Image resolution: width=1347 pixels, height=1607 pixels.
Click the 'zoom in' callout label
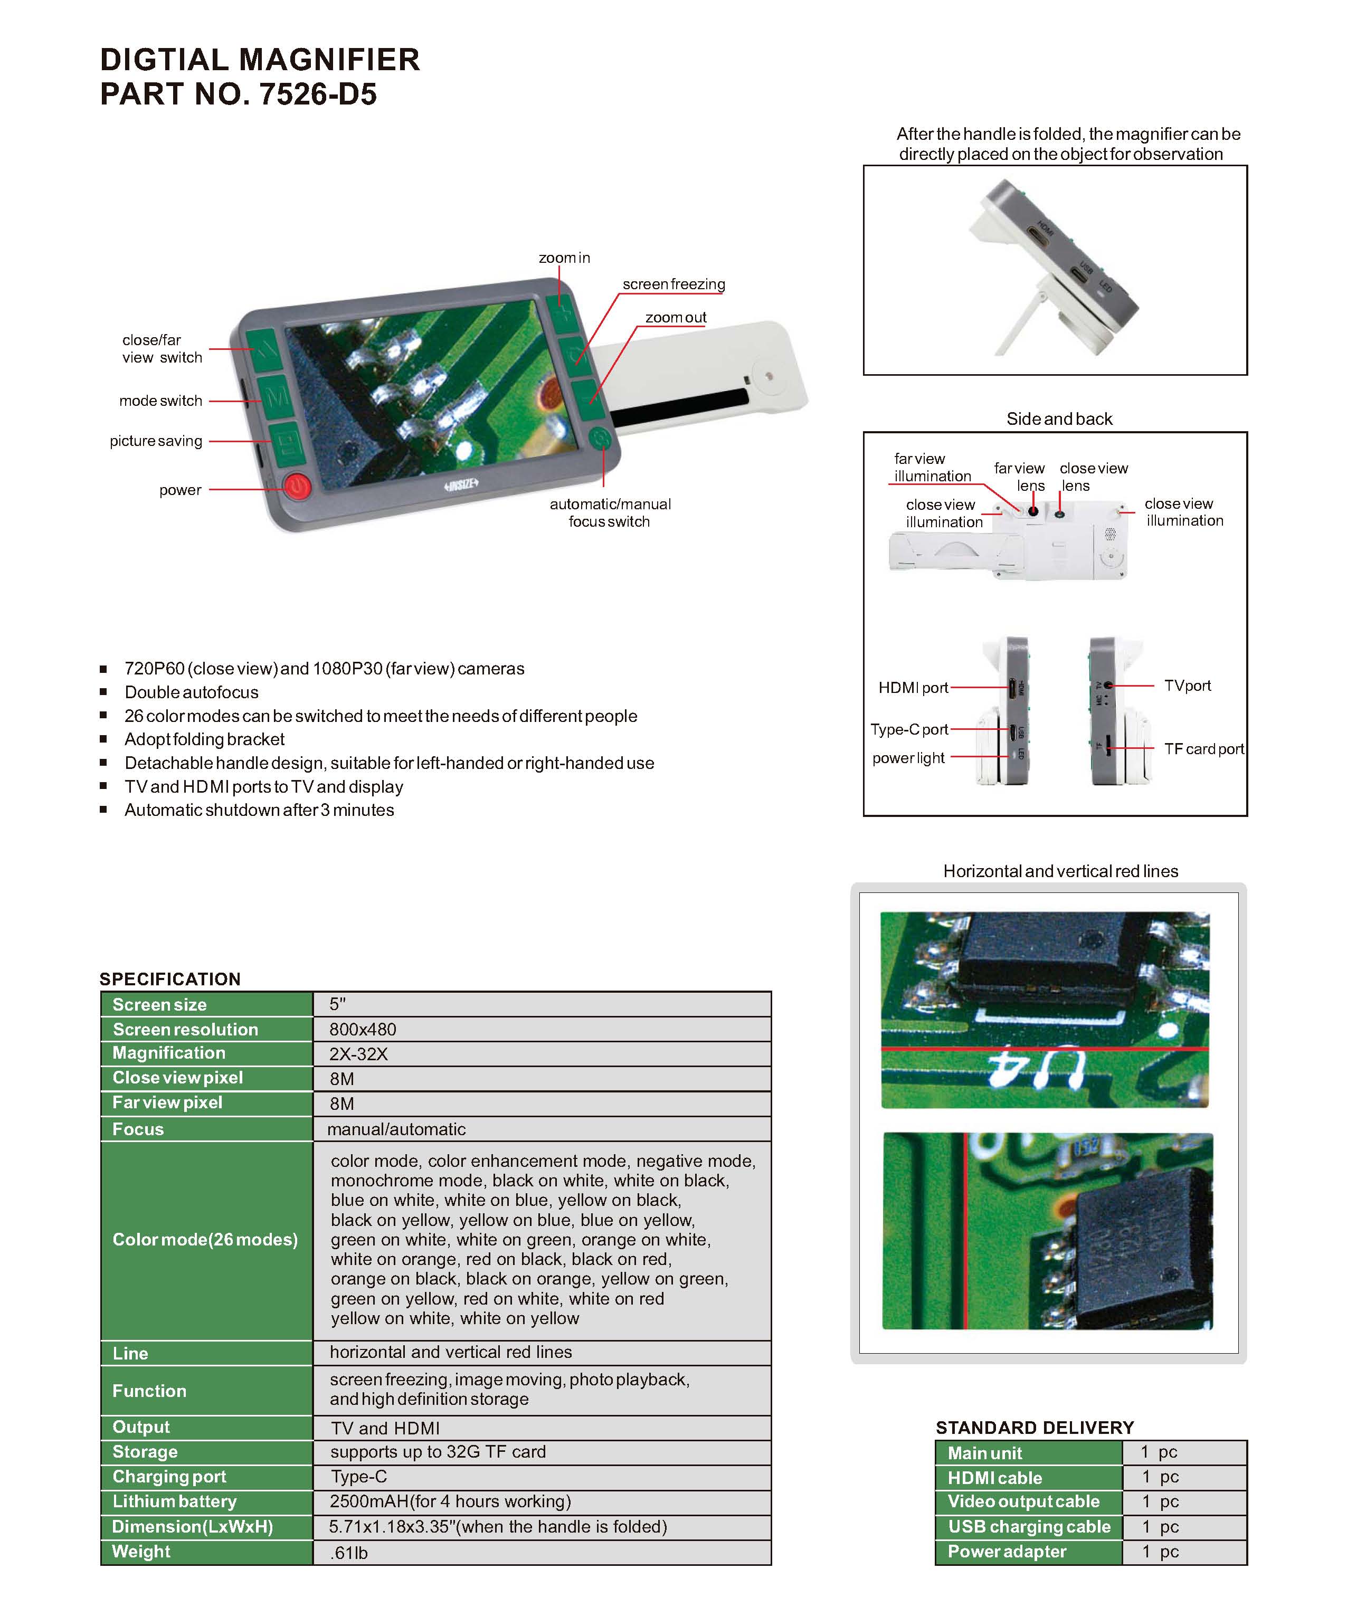pos(564,258)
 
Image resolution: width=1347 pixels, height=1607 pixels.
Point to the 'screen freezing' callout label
pos(674,284)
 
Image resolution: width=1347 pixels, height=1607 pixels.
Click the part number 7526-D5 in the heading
pos(318,94)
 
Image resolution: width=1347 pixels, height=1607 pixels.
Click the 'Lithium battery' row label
pos(175,1501)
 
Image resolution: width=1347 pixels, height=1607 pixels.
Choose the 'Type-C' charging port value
pos(359,1476)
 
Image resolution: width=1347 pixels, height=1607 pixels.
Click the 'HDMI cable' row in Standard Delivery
pos(994,1478)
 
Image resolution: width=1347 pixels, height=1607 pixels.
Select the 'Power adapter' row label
pos(1007,1551)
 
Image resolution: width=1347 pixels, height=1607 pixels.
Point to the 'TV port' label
pos(1187,686)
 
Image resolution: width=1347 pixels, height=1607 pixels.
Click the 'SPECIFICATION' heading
pos(170,979)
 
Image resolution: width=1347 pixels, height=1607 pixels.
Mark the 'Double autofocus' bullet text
pos(191,692)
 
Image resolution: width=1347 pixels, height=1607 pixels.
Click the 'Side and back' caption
pos(1059,419)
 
